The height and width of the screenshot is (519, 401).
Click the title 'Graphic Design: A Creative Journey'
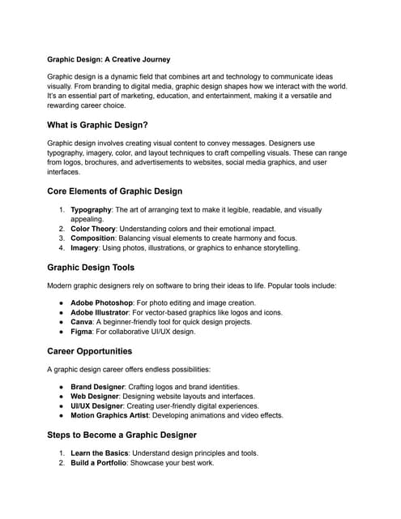[109, 59]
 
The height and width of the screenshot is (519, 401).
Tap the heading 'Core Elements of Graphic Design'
[115, 191]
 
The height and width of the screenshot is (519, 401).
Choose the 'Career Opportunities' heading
[90, 351]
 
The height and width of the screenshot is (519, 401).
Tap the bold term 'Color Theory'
[94, 229]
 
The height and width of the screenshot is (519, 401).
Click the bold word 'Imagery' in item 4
[86, 248]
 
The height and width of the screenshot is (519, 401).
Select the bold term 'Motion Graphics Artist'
[117, 416]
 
